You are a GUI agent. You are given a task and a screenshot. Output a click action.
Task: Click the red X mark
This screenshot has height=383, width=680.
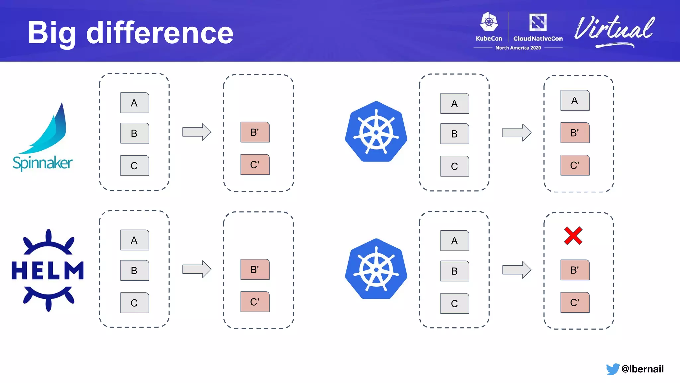[573, 236]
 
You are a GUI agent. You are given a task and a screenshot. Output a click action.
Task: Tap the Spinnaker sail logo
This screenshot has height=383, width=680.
[50, 130]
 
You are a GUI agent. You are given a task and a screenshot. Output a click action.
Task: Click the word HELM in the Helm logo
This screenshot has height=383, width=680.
[47, 270]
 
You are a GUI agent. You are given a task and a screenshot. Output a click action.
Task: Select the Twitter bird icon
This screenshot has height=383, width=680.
[612, 369]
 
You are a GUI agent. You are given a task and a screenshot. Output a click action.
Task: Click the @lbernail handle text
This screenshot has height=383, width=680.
[642, 369]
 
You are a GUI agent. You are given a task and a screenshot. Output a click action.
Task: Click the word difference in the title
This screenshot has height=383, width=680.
[160, 33]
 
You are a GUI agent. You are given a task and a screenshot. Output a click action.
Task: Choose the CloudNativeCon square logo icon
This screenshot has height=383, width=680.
[538, 22]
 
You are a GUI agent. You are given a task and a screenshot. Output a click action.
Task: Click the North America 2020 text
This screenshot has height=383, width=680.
[518, 48]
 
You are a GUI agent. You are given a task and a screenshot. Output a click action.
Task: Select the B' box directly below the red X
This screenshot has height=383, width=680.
[575, 270]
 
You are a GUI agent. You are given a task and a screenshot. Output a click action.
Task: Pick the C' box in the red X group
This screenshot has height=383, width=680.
[575, 302]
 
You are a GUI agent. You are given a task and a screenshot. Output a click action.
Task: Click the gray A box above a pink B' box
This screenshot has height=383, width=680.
[575, 100]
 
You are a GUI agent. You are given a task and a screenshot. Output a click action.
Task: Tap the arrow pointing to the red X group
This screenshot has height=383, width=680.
[517, 270]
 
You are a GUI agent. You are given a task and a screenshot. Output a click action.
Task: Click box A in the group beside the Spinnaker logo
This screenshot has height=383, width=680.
[134, 103]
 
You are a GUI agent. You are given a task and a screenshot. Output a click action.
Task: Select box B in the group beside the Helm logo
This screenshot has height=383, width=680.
[134, 271]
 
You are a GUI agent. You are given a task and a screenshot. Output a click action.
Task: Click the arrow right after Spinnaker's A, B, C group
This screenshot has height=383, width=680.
[197, 132]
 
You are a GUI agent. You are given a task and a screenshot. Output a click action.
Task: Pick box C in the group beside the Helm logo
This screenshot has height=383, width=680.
[134, 303]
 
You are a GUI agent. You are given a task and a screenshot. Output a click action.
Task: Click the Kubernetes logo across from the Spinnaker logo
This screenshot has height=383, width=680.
[376, 132]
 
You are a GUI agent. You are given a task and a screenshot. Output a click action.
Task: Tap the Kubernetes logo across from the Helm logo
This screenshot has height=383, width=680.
[376, 269]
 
